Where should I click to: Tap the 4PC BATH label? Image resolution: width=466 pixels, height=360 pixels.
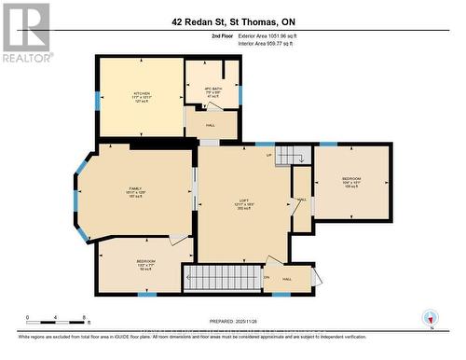click(x=211, y=91)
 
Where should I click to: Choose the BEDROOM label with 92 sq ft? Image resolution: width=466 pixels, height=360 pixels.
click(x=146, y=264)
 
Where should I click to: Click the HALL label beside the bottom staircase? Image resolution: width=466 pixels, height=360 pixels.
click(x=287, y=278)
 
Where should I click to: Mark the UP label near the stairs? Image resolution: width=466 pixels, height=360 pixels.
click(x=269, y=155)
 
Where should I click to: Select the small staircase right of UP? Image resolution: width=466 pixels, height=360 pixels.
click(x=292, y=156)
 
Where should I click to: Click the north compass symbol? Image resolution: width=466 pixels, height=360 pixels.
click(x=430, y=316)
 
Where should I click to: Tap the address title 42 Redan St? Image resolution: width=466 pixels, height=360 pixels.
click(x=233, y=20)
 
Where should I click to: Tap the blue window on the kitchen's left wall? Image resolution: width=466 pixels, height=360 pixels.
click(x=97, y=100)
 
